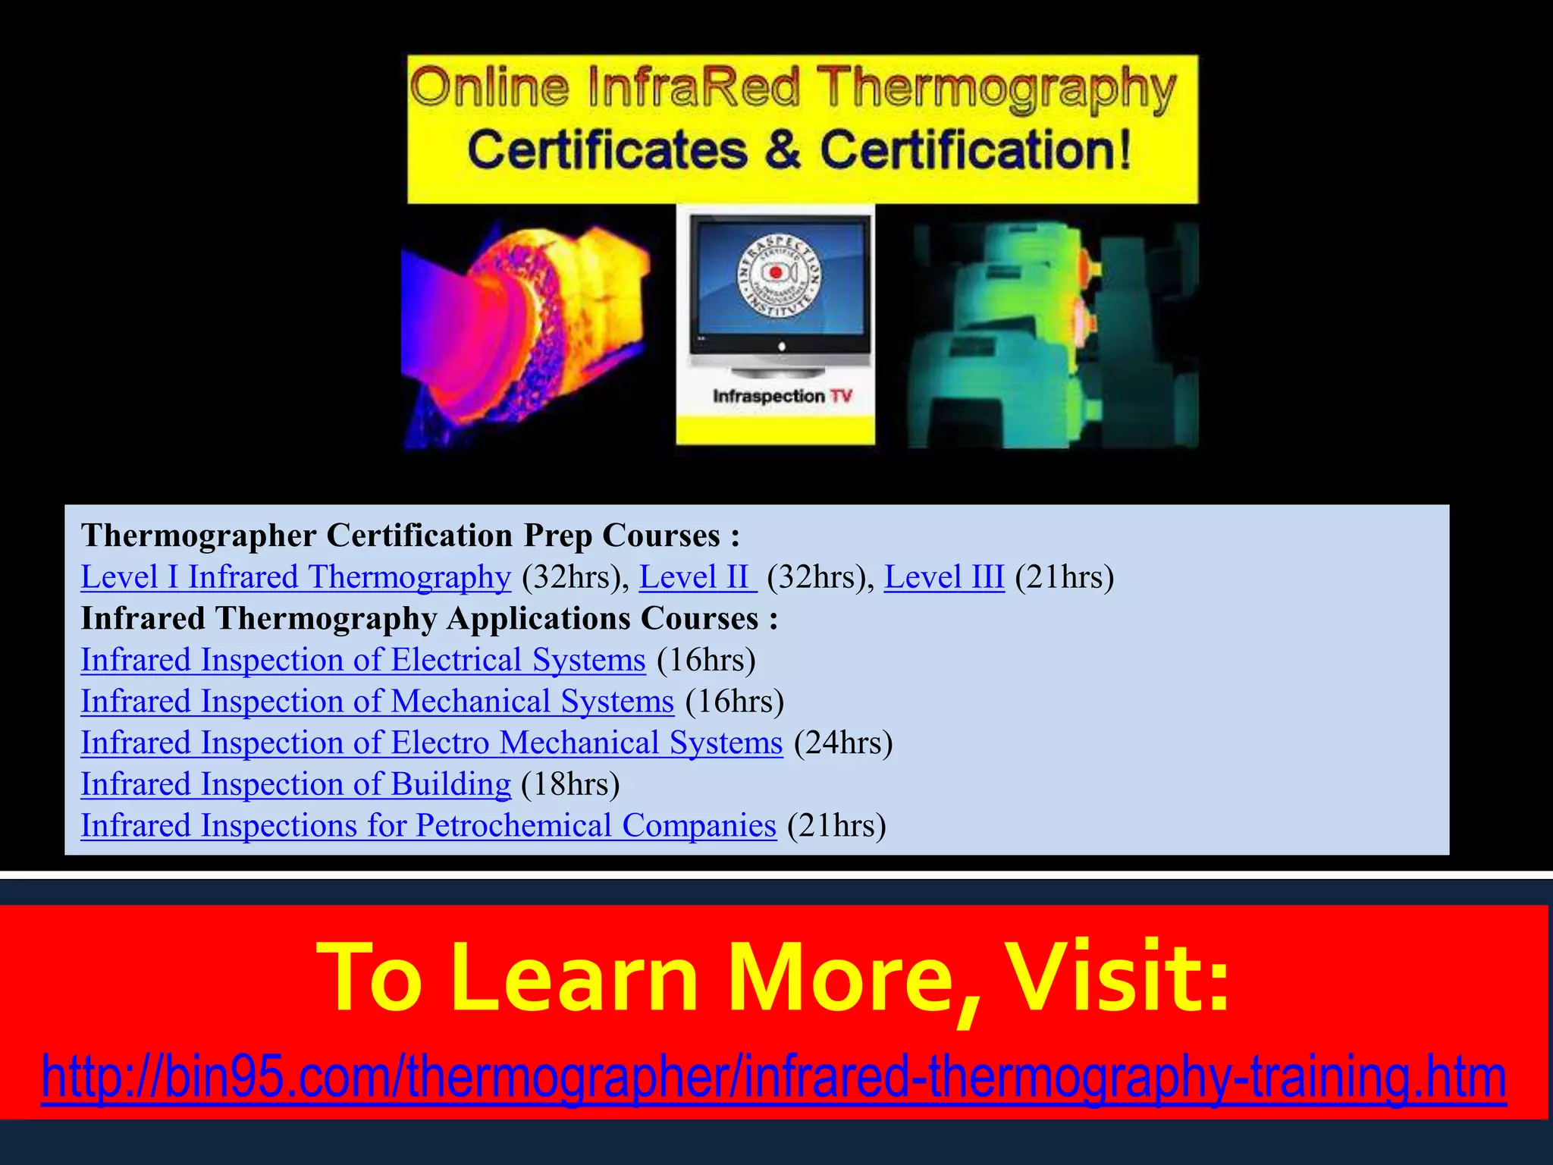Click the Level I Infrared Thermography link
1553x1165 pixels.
(x=296, y=578)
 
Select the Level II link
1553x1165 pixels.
(x=697, y=578)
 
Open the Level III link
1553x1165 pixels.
(x=943, y=578)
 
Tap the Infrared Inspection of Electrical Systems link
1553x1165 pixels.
(x=363, y=661)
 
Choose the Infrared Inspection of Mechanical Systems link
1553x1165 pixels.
(x=377, y=702)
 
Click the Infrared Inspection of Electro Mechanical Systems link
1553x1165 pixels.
(x=431, y=743)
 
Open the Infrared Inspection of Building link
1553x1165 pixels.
(x=296, y=785)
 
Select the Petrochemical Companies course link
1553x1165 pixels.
(x=428, y=826)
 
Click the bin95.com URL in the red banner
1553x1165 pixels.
(x=773, y=1076)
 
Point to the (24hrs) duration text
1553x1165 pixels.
(x=843, y=743)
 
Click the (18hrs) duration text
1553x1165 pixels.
(x=570, y=785)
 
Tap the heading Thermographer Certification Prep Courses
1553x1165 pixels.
(x=409, y=536)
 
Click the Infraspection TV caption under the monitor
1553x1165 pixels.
(x=782, y=397)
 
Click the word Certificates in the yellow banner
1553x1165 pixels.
(x=607, y=150)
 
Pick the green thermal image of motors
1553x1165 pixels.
(x=1052, y=334)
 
